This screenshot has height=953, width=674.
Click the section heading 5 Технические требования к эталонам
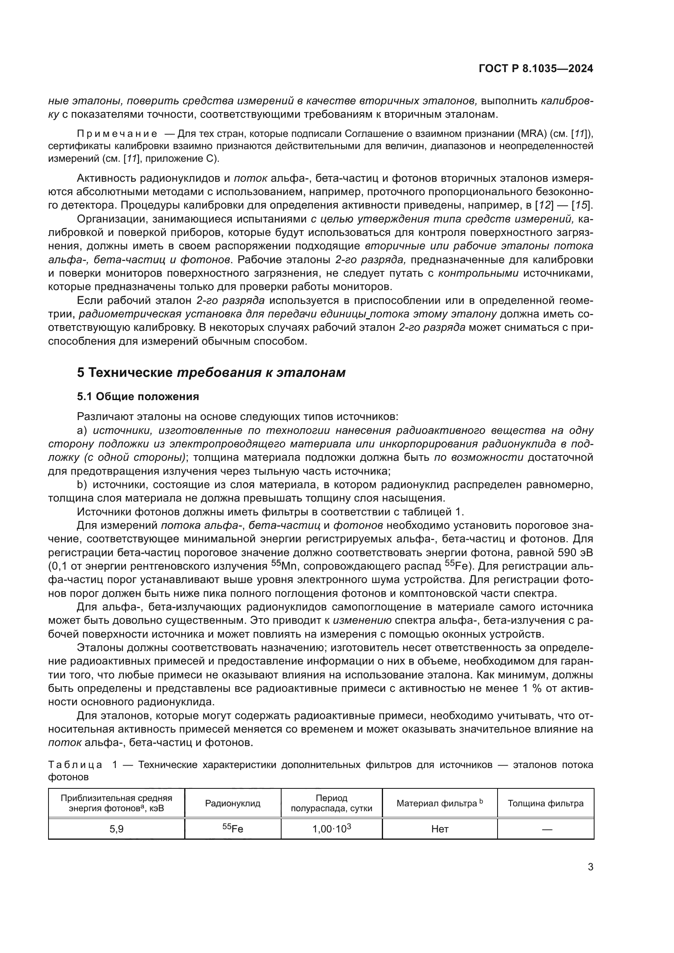click(211, 372)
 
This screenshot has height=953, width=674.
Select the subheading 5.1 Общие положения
click(138, 396)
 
